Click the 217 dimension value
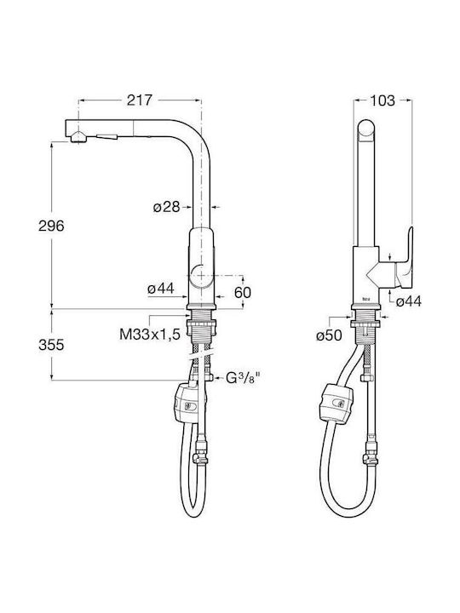point(139,100)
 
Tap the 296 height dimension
point(51,226)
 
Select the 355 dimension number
point(51,345)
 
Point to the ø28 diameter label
point(167,207)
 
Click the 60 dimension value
point(243,292)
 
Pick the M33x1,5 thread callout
point(150,335)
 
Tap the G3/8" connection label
point(243,378)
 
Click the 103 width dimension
point(382,100)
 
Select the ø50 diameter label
point(330,335)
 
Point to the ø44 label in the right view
point(409,301)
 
